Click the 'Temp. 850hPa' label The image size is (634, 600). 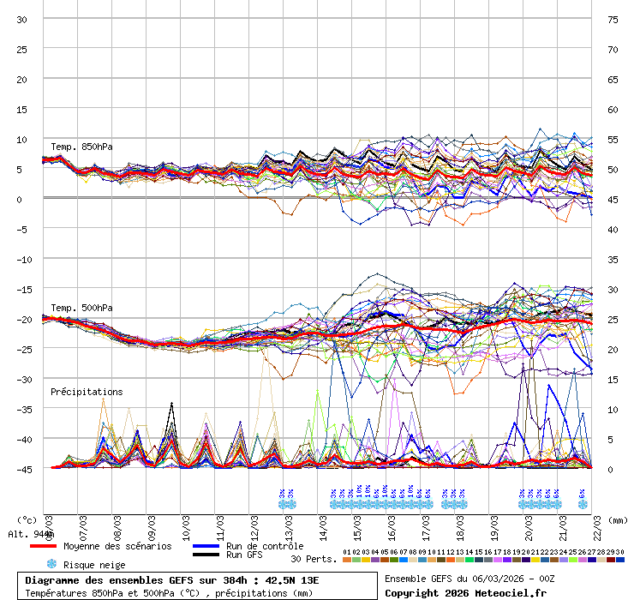pyautogui.click(x=81, y=147)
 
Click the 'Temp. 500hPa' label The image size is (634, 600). pyautogui.click(x=81, y=308)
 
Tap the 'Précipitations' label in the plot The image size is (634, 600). pyautogui.click(x=87, y=392)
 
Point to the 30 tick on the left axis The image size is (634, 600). pyautogui.click(x=22, y=19)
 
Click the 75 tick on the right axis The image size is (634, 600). pyautogui.click(x=613, y=19)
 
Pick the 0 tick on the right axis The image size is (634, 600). pyautogui.click(x=612, y=469)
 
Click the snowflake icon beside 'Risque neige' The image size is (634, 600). pyautogui.click(x=51, y=564)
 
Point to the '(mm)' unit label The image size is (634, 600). pyautogui.click(x=619, y=519)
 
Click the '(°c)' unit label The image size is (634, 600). pyautogui.click(x=27, y=519)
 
